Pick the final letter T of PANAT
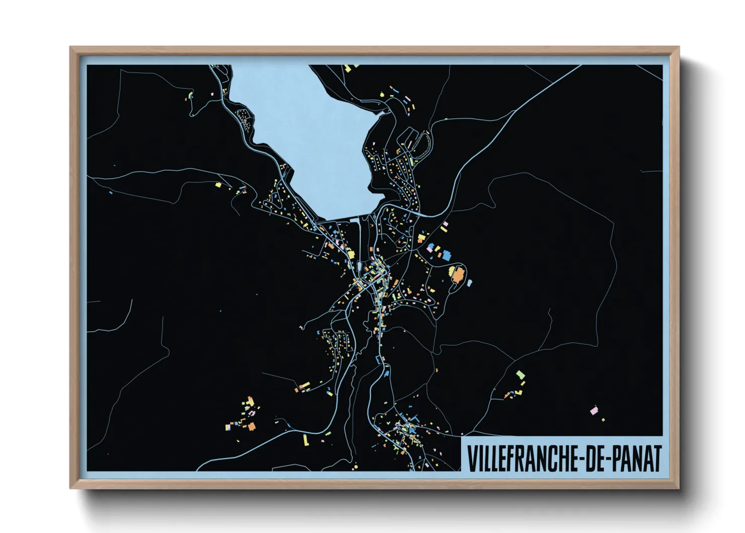(x=656, y=458)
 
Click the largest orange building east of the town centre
(x=458, y=275)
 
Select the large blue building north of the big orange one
(x=445, y=255)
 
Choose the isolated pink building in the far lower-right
(x=594, y=411)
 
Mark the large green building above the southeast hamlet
(x=520, y=375)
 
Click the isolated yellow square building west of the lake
(x=218, y=185)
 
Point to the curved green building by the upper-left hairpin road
(x=191, y=94)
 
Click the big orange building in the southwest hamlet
(x=252, y=426)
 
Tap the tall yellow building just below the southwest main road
(x=305, y=440)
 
